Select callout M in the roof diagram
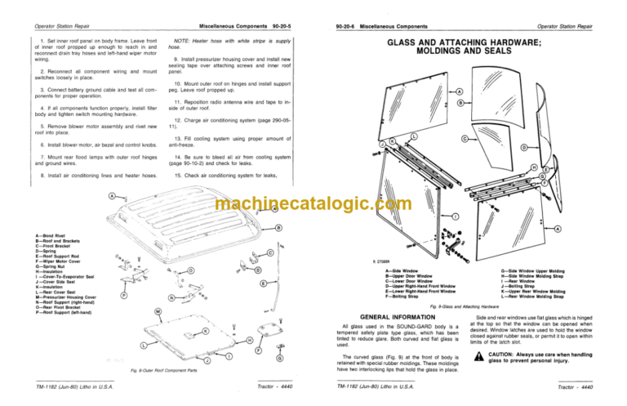(x=158, y=312)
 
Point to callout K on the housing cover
(x=205, y=331)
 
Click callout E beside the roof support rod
(x=263, y=283)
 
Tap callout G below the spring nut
(x=280, y=359)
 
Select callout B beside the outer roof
(x=279, y=227)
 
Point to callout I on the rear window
(x=454, y=216)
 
